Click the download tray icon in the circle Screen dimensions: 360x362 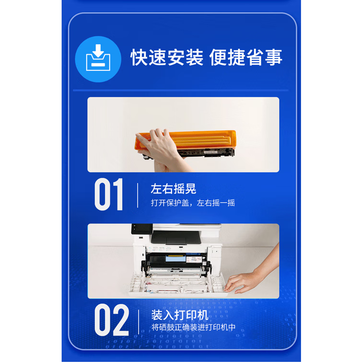tap(98, 58)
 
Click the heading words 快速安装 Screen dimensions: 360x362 tap(167, 58)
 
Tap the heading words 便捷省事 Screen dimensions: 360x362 tap(246, 58)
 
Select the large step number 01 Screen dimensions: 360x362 tap(109, 194)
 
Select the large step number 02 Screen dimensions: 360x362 tap(112, 320)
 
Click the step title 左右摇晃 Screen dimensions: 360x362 tap(174, 189)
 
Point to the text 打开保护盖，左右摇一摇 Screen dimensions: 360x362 tap(193, 203)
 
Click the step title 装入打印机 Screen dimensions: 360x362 tap(180, 315)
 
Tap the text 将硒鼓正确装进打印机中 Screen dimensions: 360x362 tap(193, 327)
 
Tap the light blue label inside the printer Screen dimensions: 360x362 tap(176, 258)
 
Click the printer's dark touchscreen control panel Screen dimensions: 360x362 tap(142, 229)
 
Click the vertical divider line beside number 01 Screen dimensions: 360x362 tap(138, 195)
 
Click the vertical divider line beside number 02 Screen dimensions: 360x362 tap(139, 322)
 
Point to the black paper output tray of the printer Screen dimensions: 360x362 tap(176, 238)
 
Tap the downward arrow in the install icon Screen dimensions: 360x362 tap(98, 51)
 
